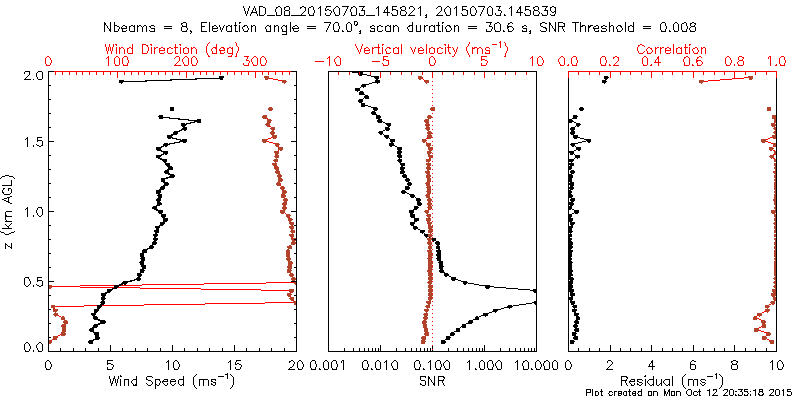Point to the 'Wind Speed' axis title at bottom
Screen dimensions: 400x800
click(x=173, y=380)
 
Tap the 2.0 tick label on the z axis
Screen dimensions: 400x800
click(x=33, y=75)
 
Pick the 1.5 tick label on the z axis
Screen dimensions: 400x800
click(x=33, y=143)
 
